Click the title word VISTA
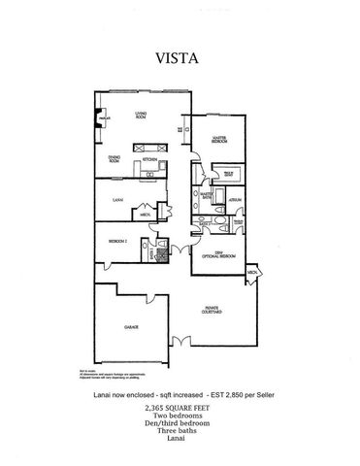(x=179, y=56)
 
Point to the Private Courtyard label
(x=213, y=311)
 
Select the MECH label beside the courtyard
(x=252, y=275)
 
